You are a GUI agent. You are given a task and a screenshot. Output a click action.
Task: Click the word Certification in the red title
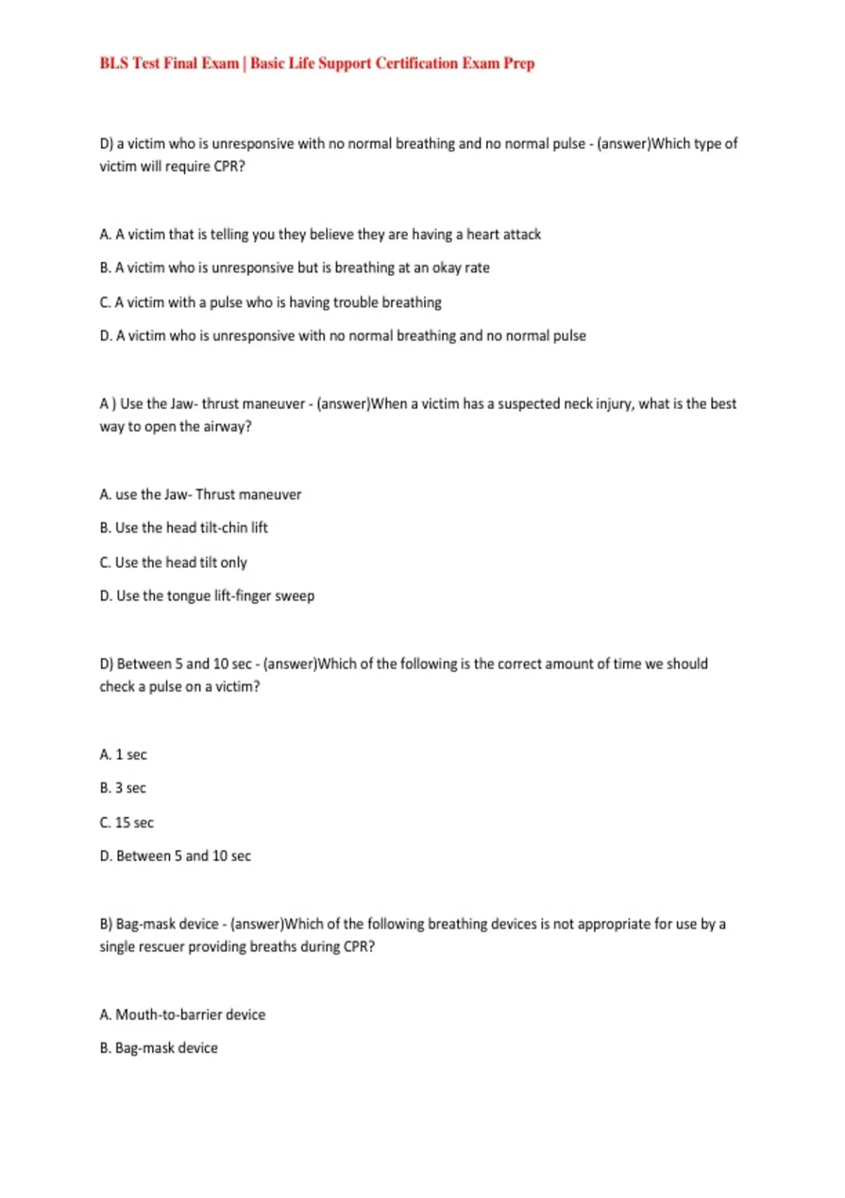(416, 63)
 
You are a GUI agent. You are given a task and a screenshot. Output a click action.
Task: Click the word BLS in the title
(114, 63)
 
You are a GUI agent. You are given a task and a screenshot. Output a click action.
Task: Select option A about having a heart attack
(320, 234)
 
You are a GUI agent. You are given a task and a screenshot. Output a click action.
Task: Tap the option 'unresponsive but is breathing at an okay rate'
(294, 268)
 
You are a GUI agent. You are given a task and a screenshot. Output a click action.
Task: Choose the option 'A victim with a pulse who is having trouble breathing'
(270, 302)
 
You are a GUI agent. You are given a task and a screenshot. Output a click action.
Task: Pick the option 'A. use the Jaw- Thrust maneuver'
(200, 495)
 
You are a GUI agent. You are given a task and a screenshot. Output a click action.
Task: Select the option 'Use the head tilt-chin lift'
(183, 528)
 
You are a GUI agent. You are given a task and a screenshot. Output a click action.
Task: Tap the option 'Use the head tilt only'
(173, 562)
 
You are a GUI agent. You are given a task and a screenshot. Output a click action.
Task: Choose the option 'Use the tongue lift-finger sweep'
(207, 596)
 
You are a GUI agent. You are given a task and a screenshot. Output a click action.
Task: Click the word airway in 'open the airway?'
(227, 426)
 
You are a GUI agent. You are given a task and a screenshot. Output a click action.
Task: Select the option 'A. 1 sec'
(123, 755)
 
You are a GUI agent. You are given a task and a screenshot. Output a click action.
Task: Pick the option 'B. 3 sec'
(123, 788)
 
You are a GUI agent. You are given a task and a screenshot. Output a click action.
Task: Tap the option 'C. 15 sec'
(127, 822)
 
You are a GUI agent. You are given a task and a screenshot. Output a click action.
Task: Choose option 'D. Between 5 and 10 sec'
(175, 856)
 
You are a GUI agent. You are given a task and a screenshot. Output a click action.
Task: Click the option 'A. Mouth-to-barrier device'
(182, 1015)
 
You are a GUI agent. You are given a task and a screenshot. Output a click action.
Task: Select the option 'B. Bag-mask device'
(158, 1048)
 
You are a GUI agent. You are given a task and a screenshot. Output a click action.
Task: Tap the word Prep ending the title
(519, 63)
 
